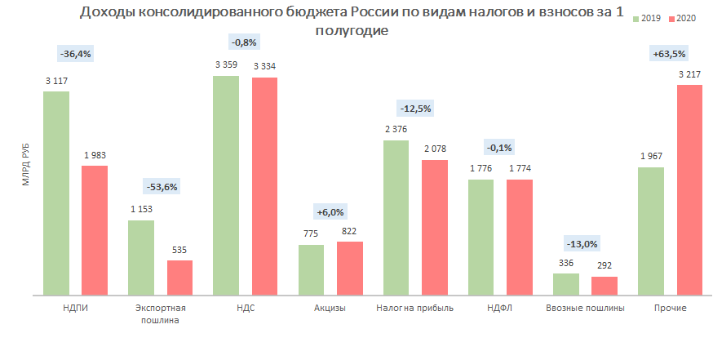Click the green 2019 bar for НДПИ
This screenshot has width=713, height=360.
[x=56, y=192]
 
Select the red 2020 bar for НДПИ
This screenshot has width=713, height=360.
[x=95, y=229]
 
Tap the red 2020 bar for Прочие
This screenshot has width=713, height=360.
[x=689, y=189]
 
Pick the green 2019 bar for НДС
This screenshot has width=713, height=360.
[x=226, y=184]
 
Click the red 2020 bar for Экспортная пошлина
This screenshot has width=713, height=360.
[x=179, y=277]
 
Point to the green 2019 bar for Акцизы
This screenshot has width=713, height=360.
[x=311, y=269]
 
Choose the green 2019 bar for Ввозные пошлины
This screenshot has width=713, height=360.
[x=565, y=283]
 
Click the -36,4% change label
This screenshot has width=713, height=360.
[x=76, y=53]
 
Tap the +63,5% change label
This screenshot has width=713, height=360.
[x=670, y=54]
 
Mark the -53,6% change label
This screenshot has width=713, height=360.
[x=161, y=186]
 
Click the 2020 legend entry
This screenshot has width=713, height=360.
[x=685, y=19]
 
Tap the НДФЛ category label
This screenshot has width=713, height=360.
[x=499, y=309]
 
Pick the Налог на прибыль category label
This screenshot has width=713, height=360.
[x=414, y=309]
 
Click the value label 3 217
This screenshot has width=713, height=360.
[x=689, y=75]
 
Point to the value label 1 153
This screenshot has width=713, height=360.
[x=141, y=210]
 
